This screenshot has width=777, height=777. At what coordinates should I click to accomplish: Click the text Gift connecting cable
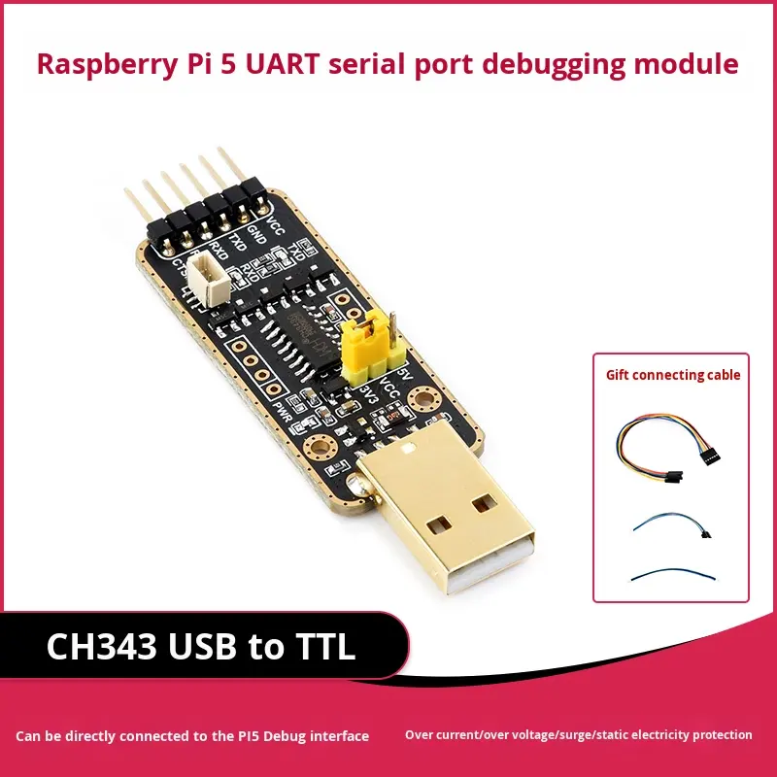pyautogui.click(x=673, y=375)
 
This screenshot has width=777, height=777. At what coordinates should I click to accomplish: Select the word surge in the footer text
pyautogui.click(x=577, y=735)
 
